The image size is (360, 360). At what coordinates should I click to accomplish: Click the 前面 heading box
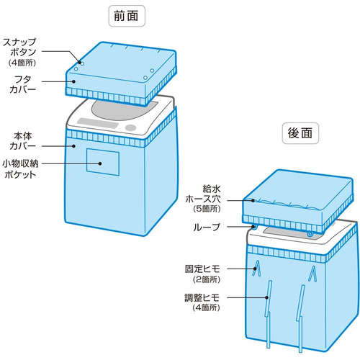click(127, 16)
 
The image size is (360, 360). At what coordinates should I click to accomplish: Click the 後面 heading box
click(300, 133)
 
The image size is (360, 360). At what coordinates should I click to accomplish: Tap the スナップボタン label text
click(19, 47)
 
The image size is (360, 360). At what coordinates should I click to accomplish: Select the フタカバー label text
click(22, 84)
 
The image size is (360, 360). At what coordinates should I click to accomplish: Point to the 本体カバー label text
click(22, 141)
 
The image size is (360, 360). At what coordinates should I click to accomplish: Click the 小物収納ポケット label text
click(20, 168)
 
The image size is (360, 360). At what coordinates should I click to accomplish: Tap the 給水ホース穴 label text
click(203, 194)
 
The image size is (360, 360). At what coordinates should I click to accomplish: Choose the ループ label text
click(207, 227)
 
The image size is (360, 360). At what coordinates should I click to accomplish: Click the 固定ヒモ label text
click(202, 269)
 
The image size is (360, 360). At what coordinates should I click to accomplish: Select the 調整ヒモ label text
click(202, 297)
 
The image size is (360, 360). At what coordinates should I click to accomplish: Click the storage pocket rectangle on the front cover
click(103, 162)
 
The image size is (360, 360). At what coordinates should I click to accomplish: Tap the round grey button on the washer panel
click(131, 127)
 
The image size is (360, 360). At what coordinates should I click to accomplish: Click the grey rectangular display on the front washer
click(98, 123)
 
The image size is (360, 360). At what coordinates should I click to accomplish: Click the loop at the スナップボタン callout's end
click(82, 64)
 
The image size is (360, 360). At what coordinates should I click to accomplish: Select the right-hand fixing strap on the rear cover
click(312, 274)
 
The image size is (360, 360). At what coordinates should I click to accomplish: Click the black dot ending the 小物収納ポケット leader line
click(100, 163)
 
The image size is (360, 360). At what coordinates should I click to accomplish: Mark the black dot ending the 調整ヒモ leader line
click(266, 297)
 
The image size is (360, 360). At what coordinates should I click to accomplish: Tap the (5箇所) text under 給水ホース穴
click(207, 209)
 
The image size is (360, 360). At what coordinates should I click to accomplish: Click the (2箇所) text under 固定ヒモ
click(207, 279)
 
